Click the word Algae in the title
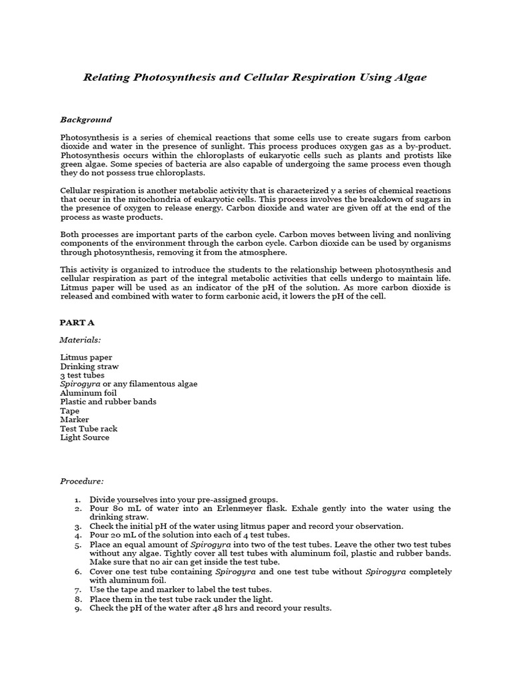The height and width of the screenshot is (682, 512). click(407, 77)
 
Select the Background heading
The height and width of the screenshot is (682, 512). click(86, 120)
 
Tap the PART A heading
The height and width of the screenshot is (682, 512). click(77, 322)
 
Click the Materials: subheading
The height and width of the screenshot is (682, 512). click(80, 340)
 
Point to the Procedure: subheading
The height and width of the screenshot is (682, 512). click(82, 481)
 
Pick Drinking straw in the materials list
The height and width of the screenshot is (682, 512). click(89, 366)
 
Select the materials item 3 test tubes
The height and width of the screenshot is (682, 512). click(82, 375)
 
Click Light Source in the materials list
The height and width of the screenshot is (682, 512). click(85, 438)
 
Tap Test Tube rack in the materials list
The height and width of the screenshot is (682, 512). click(89, 429)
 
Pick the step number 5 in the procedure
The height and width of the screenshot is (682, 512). click(77, 544)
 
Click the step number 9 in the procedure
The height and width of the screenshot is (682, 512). click(77, 608)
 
